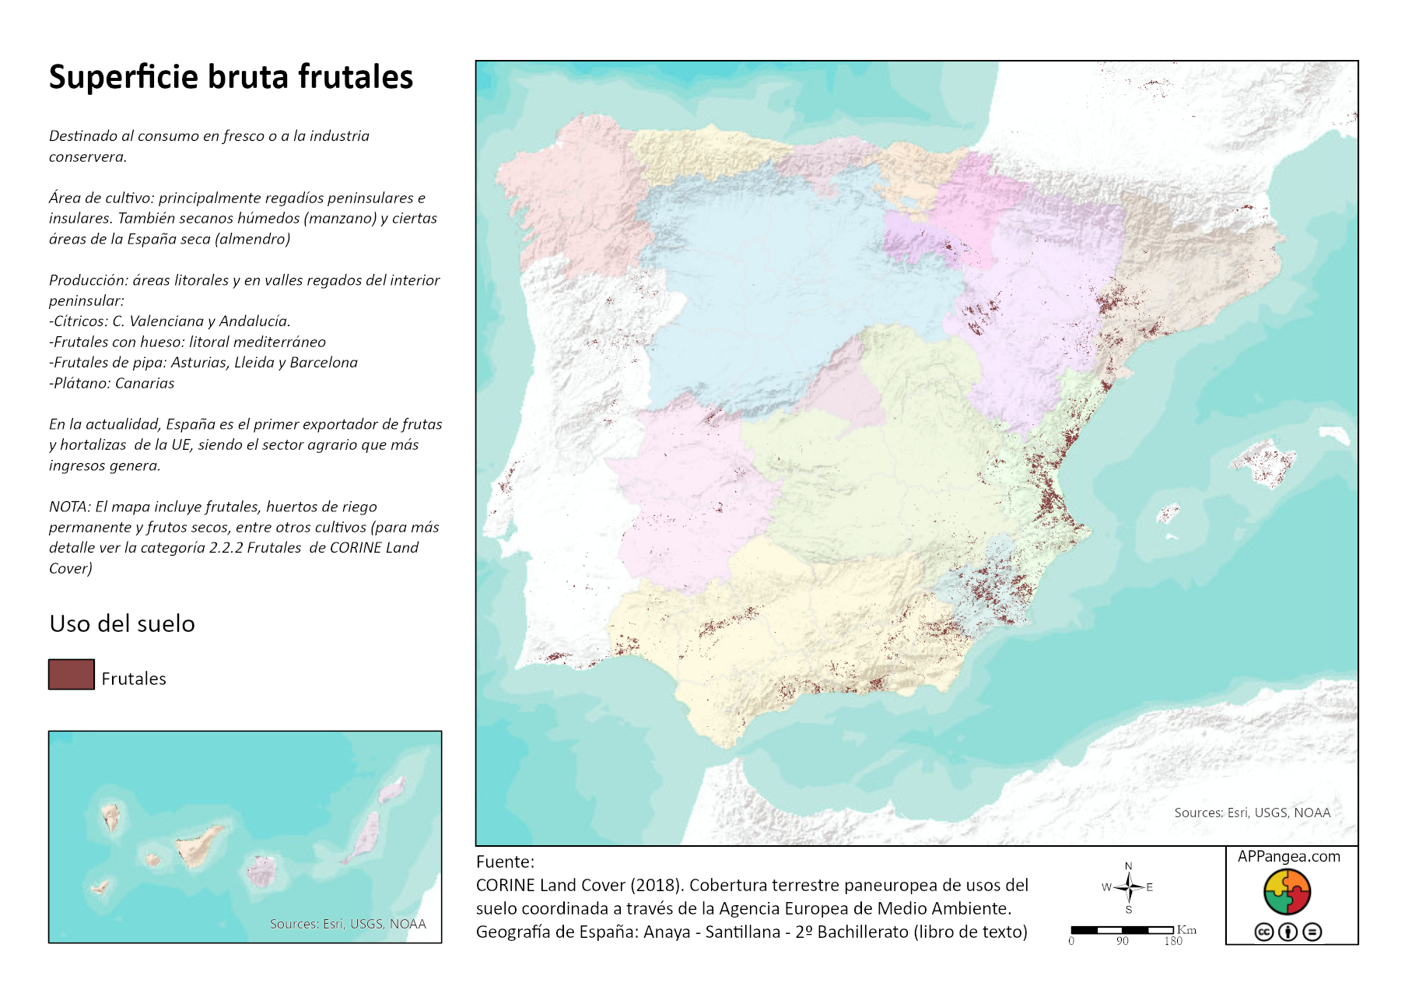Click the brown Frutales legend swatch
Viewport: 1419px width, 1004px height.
71,674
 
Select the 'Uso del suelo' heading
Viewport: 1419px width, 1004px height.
122,623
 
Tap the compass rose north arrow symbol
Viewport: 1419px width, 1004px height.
1128,886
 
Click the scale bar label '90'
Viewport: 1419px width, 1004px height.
1122,941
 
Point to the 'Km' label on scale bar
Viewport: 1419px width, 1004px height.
1186,930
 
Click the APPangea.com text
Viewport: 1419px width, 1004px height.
1289,856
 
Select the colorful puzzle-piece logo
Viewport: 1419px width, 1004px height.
1288,892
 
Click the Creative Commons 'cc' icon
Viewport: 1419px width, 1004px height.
1264,932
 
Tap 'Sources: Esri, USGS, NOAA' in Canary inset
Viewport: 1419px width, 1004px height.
348,924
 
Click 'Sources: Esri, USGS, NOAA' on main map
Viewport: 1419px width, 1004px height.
1252,813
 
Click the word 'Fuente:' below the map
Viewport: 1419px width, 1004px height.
505,862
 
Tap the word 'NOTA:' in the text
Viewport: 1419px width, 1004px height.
69,507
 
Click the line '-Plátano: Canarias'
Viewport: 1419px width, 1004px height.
111,383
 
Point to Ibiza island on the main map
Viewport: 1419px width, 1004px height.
1168,514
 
